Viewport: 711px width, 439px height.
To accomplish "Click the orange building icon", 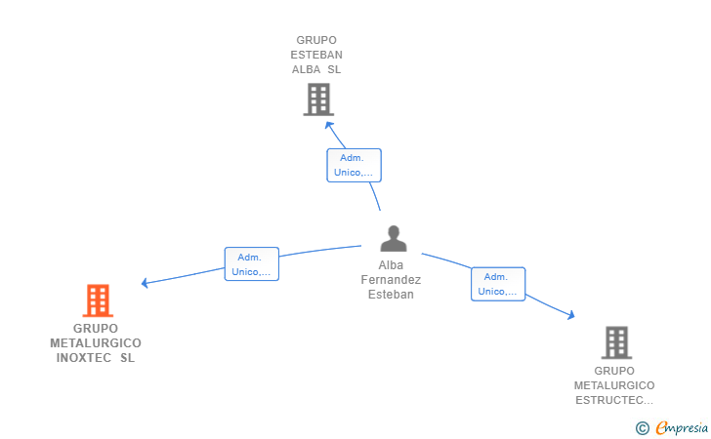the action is click(98, 300).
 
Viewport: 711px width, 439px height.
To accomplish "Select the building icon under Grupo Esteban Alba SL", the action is click(318, 100).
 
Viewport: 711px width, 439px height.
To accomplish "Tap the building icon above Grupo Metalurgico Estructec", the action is click(616, 342).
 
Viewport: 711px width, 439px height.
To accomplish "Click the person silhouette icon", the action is click(394, 238).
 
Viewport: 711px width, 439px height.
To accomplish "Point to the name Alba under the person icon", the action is click(391, 265).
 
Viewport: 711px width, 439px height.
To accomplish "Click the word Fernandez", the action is click(391, 280).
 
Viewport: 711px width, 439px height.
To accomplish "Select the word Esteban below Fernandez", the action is click(391, 295).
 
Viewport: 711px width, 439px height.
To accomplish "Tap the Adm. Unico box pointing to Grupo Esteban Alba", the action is click(355, 166).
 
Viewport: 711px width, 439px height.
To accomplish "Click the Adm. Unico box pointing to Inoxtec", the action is click(252, 264).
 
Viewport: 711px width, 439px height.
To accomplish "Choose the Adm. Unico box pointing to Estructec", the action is click(498, 284).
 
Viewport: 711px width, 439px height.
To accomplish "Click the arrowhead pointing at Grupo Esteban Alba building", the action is click(329, 125).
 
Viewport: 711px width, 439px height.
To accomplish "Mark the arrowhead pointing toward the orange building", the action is click(145, 283).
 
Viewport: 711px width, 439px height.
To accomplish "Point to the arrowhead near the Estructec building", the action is click(571, 315).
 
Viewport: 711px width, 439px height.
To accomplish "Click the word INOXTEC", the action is click(84, 358).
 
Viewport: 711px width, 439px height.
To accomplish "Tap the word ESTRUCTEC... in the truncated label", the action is click(614, 400).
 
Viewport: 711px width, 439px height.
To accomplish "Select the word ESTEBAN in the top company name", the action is click(316, 55).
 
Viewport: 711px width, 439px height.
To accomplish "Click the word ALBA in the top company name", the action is click(306, 69).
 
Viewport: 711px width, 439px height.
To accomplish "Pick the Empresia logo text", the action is click(682, 427).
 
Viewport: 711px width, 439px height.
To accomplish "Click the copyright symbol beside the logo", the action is click(643, 428).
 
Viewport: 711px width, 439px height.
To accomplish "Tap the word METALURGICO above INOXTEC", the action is click(96, 343).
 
